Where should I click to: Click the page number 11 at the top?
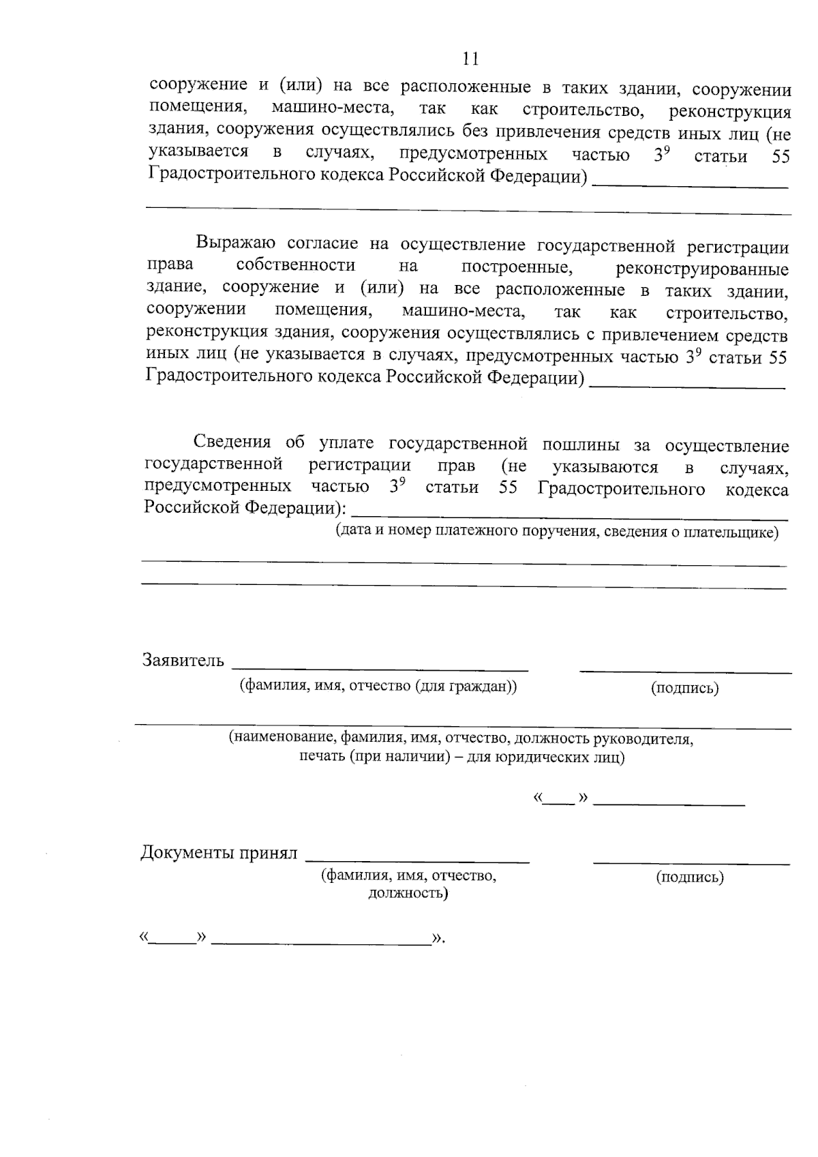point(470,59)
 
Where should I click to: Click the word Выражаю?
point(235,243)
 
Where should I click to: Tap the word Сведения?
point(232,443)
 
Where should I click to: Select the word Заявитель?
point(183,660)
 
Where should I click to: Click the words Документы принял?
point(219,853)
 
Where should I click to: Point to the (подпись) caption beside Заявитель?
point(684,688)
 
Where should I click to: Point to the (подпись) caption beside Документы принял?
point(690,877)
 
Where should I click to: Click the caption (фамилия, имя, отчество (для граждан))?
point(378,687)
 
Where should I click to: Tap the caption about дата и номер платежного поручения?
point(556,532)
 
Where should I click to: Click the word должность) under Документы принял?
point(408,893)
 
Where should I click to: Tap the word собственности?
point(296,265)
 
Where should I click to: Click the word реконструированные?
point(702,268)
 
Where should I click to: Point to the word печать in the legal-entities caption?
point(322,757)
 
